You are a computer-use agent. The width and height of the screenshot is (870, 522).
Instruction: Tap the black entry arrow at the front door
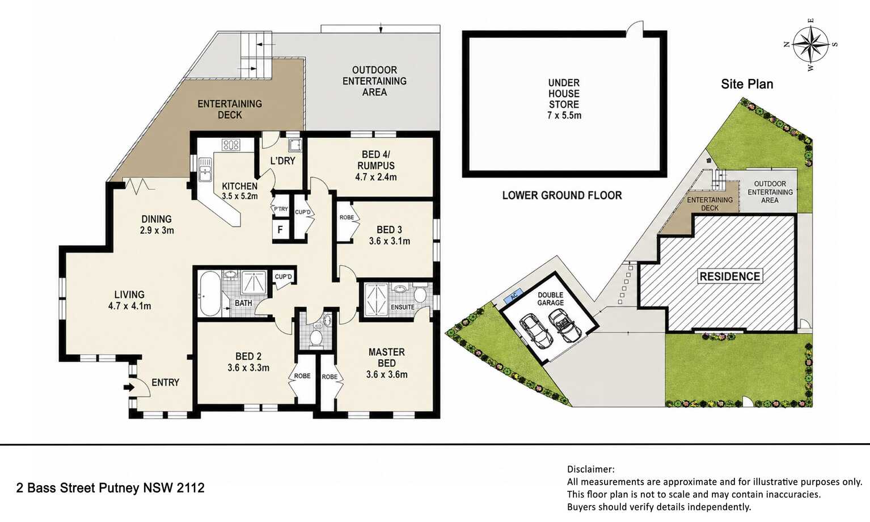(129, 387)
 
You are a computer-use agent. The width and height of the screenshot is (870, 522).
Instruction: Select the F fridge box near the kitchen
(280, 230)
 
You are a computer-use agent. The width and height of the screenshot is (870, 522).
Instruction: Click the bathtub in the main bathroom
(210, 294)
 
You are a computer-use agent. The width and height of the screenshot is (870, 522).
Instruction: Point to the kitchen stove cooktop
(231, 145)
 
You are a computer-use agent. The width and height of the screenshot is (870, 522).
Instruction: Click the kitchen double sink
(205, 170)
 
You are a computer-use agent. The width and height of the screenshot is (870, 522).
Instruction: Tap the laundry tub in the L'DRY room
(294, 145)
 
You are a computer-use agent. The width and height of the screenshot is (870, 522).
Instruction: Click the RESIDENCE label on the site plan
(730, 276)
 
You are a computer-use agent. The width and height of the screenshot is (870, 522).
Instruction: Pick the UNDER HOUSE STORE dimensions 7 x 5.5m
(564, 115)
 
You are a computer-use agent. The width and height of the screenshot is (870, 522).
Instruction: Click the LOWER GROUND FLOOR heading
(562, 195)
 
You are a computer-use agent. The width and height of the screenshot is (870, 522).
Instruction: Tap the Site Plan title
(747, 84)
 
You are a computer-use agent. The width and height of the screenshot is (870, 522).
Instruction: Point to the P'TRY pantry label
(281, 209)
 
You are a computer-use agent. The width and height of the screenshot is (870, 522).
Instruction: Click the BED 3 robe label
(347, 218)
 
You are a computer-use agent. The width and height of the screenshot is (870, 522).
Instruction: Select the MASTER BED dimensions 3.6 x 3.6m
(387, 374)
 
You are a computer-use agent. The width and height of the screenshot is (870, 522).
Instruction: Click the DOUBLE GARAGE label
(550, 298)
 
